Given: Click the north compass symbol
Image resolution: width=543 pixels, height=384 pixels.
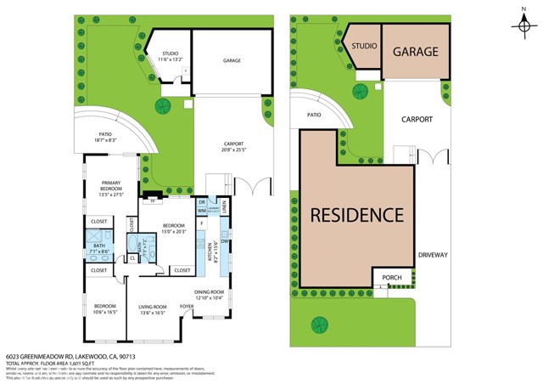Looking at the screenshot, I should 523,25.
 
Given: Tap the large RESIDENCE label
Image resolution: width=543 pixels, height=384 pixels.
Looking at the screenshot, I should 356,215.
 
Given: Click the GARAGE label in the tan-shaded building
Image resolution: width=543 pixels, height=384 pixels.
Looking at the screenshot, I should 416,52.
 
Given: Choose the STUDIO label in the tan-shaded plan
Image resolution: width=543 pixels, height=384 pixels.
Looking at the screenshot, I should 365,44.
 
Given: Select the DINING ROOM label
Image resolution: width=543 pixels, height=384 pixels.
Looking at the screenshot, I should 209,294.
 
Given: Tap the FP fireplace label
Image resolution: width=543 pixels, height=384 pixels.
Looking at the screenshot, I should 154,201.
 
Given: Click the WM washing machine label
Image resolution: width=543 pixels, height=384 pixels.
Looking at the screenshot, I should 202,210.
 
